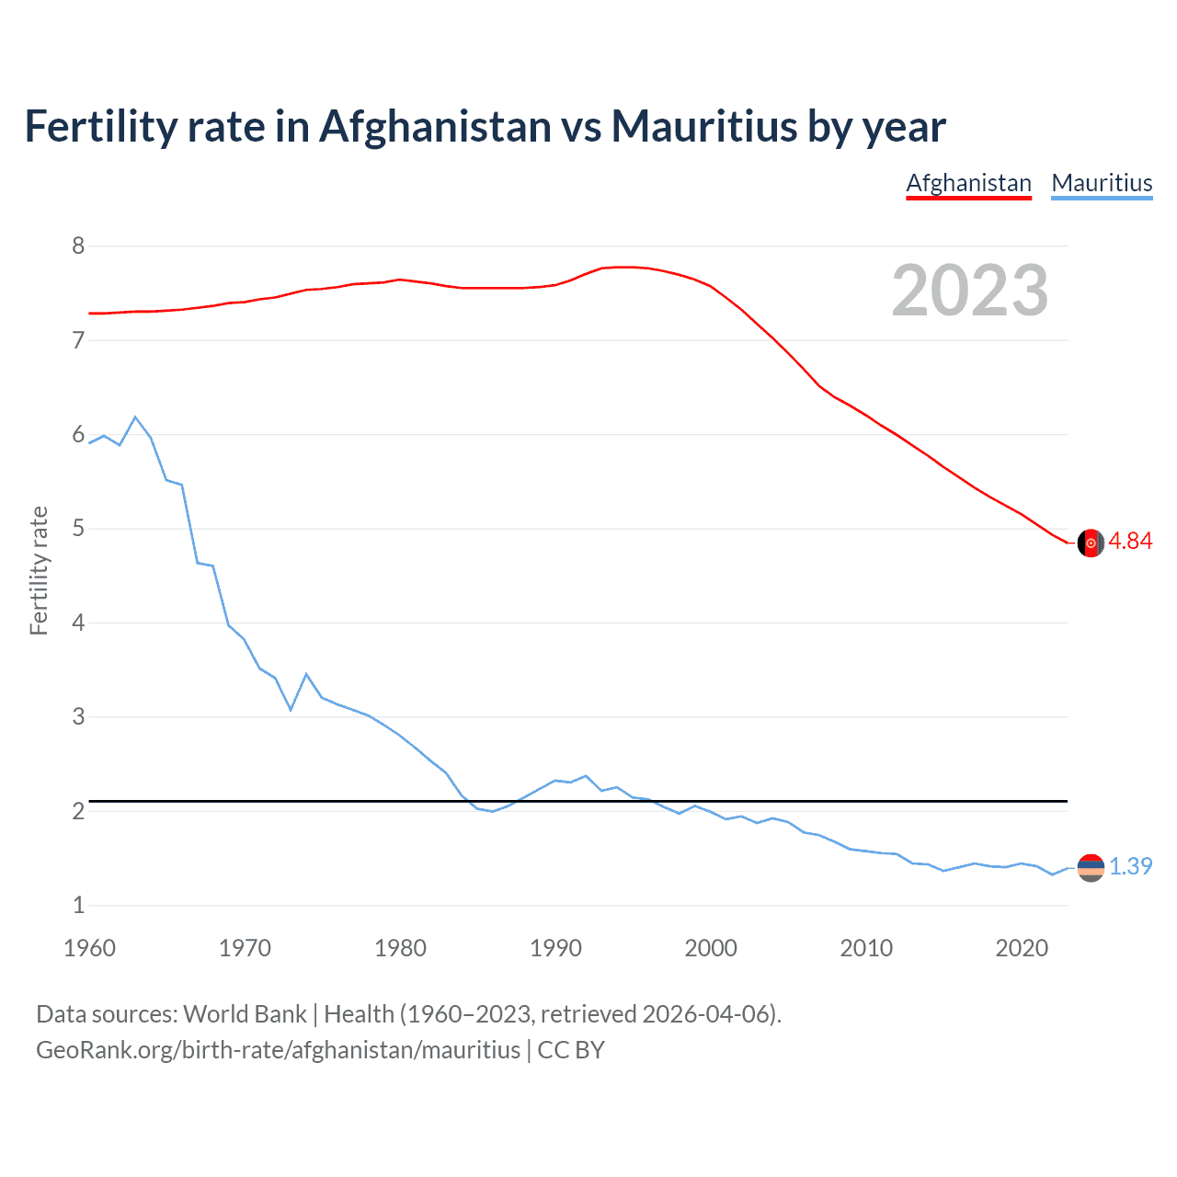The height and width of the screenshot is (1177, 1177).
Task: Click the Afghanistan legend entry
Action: (968, 183)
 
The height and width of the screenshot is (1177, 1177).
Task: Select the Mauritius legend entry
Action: (1102, 183)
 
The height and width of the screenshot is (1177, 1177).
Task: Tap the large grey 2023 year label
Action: (970, 291)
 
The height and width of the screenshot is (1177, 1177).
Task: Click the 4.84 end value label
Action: (1130, 542)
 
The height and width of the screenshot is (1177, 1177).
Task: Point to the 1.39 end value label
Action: (1130, 867)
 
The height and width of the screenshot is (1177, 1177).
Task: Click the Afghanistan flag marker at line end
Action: (1091, 543)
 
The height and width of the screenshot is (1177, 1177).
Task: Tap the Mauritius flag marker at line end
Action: (1091, 867)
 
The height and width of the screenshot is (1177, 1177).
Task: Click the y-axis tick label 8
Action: (78, 246)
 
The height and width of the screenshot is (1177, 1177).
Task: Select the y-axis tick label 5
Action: (78, 529)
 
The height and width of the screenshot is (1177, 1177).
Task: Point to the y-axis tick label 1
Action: (78, 906)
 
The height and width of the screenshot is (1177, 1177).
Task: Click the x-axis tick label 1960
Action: (89, 948)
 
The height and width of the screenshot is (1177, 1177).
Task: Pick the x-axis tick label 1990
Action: (555, 948)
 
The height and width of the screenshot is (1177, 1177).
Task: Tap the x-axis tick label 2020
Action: (1022, 948)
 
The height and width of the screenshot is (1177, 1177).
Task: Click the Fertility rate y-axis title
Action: (39, 570)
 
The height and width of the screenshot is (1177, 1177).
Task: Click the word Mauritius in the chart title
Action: (705, 127)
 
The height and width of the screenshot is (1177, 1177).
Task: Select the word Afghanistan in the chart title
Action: (434, 127)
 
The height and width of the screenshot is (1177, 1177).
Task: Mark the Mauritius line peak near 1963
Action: (136, 417)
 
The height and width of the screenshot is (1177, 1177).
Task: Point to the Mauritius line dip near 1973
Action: (291, 709)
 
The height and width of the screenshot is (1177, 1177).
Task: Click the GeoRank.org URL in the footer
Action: (278, 1050)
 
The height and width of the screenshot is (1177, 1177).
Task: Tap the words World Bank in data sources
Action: (245, 1014)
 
